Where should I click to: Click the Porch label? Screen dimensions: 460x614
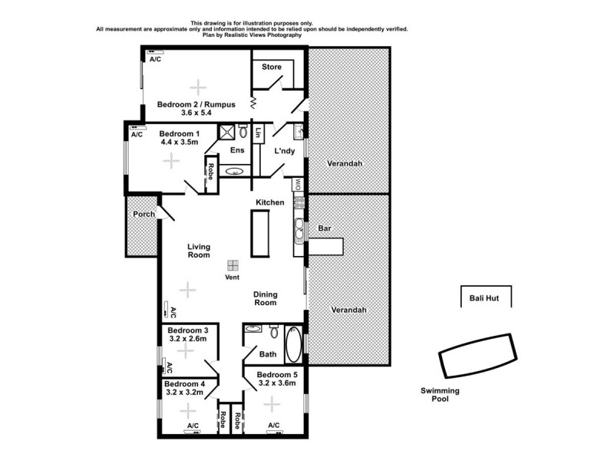(x=144, y=214)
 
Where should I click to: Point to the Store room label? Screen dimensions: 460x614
(x=272, y=67)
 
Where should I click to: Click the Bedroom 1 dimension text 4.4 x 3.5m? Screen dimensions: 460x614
(x=179, y=142)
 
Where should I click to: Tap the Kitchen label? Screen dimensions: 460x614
(x=270, y=202)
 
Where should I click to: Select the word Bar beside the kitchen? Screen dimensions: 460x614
(x=324, y=228)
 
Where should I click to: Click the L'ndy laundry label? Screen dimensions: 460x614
(x=284, y=151)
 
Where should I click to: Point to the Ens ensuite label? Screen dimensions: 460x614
(x=237, y=150)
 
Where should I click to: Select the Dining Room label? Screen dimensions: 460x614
(x=266, y=298)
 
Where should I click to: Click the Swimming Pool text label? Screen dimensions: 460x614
(x=440, y=395)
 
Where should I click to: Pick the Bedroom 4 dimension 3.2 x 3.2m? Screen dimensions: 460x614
(x=185, y=393)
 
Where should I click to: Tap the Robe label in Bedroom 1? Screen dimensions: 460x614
(x=210, y=171)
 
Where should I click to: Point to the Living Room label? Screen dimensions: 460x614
(x=199, y=251)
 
